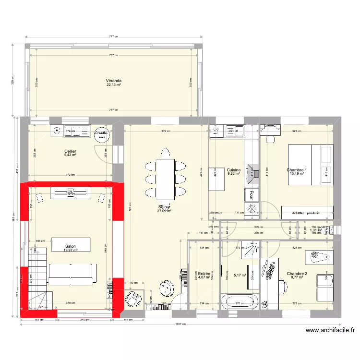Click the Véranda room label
114,81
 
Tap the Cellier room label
71,152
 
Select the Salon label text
70,246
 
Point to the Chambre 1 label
297,170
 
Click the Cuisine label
234,170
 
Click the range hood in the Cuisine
251,169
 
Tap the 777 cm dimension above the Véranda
114,36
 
